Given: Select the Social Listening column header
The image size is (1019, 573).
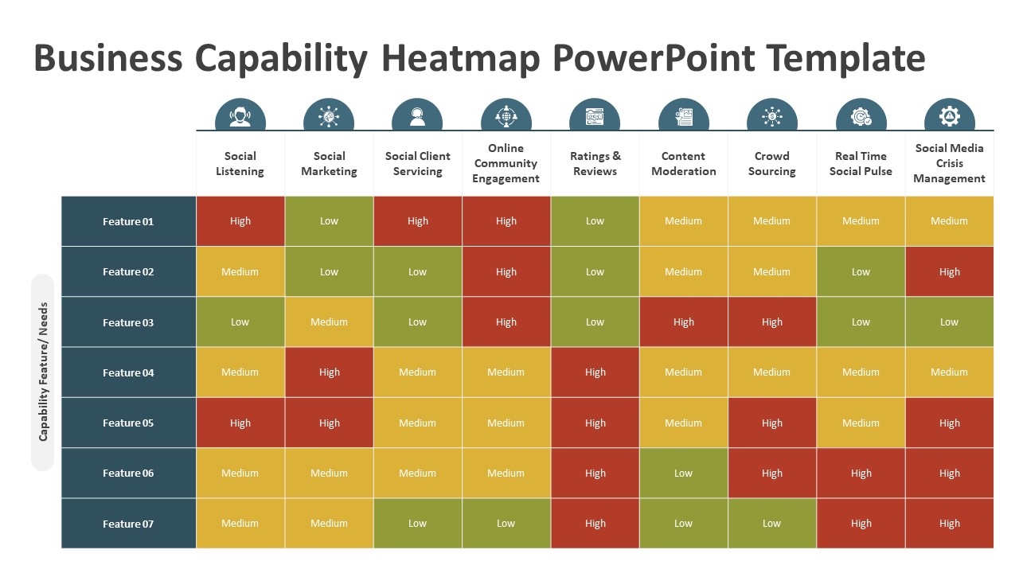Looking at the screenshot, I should point(240,163).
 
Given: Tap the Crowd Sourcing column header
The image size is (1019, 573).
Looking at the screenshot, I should point(771,163).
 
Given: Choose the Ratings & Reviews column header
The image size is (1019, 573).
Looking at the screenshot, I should point(595,163).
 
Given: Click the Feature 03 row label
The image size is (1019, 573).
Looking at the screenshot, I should point(128,322).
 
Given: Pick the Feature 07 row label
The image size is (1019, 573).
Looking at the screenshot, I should point(128,524).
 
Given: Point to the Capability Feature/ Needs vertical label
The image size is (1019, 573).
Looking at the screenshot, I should point(43,372).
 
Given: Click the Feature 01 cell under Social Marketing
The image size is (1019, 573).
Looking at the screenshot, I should point(329,221).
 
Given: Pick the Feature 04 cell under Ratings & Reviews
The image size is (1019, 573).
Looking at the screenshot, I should point(595,372).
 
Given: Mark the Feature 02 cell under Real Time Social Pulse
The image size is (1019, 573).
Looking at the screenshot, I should point(861,271).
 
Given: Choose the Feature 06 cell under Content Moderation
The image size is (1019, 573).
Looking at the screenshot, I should point(683,474).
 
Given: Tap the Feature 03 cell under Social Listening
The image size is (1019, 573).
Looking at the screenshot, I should point(240,322).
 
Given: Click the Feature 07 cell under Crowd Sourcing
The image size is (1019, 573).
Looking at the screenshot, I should point(771,524).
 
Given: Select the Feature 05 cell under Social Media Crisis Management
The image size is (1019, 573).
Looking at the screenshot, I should point(949,423).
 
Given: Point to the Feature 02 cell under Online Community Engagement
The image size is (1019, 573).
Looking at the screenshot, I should point(506,271).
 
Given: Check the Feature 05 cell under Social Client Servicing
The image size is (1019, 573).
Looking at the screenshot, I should point(417,423).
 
